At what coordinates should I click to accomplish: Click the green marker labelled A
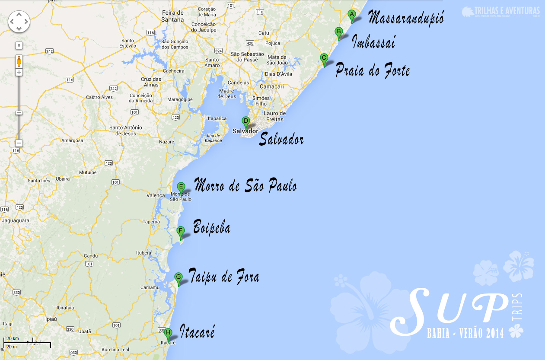pyautogui.click(x=352, y=16)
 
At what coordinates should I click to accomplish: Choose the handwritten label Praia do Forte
pyautogui.click(x=373, y=70)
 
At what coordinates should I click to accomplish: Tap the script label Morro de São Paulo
pyautogui.click(x=245, y=186)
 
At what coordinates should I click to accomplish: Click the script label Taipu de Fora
pyautogui.click(x=224, y=277)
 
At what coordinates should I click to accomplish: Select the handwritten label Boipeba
pyautogui.click(x=211, y=228)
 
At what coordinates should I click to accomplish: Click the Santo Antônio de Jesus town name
pyautogui.click(x=125, y=130)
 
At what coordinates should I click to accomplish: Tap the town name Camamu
pyautogui.click(x=148, y=287)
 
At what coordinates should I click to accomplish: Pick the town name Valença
pyautogui.click(x=156, y=195)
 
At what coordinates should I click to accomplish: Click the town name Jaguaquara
pyautogui.click(x=15, y=220)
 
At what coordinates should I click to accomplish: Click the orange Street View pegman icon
pyautogui.click(x=19, y=61)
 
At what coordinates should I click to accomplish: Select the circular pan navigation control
pyautogui.click(x=19, y=21)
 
